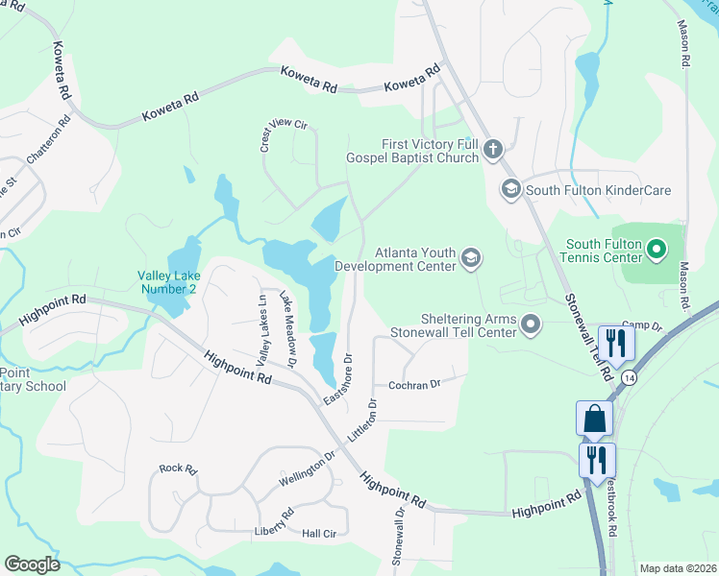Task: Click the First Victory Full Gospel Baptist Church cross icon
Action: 492,149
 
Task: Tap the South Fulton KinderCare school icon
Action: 510,190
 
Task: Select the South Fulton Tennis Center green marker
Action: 657,252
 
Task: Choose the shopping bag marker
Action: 594,419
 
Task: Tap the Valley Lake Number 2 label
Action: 167,281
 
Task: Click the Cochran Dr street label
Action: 414,384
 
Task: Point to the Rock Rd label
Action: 178,469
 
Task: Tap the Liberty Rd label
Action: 274,522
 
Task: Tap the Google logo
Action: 32,564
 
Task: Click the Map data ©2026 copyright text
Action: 678,568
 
